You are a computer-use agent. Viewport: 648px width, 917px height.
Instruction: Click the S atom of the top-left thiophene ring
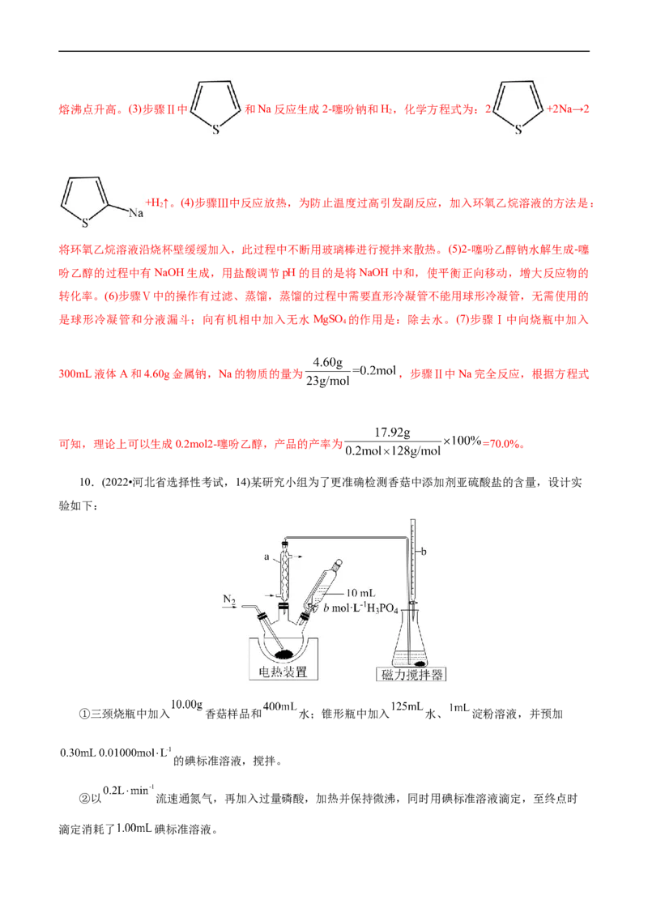point(215,128)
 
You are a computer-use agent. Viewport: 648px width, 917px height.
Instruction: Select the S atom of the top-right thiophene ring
point(518,128)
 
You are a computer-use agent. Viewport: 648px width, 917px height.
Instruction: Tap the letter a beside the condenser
point(266,557)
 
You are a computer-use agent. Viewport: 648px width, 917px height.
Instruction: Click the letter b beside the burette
point(424,553)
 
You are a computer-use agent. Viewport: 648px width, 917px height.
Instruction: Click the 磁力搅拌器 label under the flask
point(411,674)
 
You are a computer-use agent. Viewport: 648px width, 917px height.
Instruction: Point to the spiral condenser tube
point(284,570)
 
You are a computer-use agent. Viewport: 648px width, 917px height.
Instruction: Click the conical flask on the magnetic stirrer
point(411,640)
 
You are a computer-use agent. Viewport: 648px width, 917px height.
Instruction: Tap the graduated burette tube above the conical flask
point(412,559)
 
